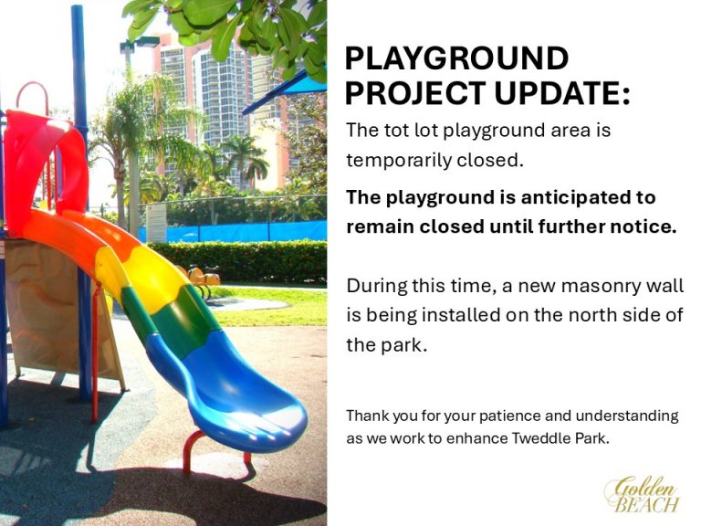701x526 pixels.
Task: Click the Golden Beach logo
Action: tap(642, 494)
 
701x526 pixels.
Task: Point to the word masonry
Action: tap(590, 286)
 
